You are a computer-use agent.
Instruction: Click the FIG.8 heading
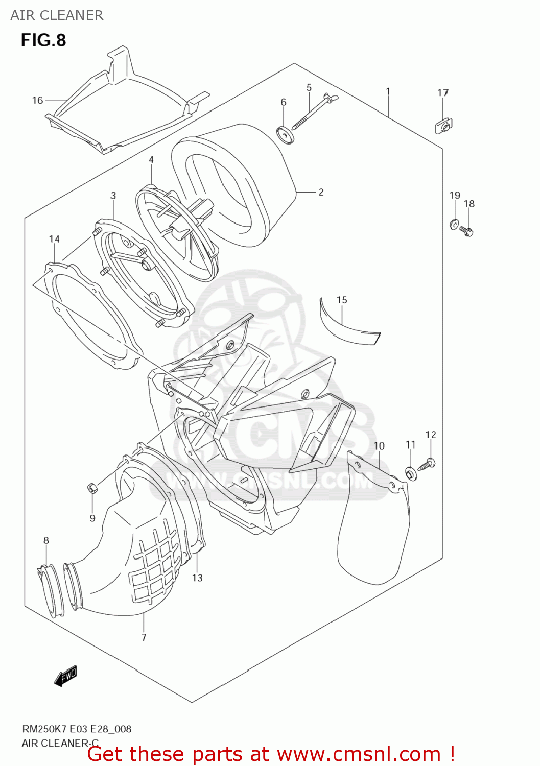pos(43,40)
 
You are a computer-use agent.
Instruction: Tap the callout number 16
pos(37,100)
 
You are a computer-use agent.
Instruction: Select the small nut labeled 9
pos(91,488)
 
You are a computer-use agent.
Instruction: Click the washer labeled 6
pos(285,135)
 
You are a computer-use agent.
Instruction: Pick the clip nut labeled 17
pos(444,126)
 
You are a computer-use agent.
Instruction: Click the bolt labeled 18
pos(467,231)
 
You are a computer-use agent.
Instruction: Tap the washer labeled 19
pos(454,224)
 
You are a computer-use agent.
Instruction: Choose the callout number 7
pos(144,637)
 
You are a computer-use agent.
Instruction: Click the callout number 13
pos(197,578)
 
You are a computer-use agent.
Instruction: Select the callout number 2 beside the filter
pos(321,192)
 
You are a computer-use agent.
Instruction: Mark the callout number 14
pos(54,239)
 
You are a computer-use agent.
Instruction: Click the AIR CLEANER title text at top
pos(57,15)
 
